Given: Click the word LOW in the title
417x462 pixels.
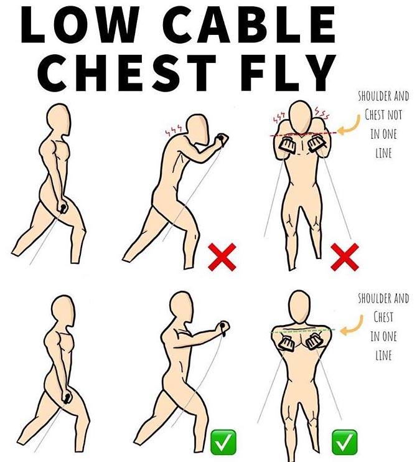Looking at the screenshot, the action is click(x=80, y=24).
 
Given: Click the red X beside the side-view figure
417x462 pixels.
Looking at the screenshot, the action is click(x=222, y=257).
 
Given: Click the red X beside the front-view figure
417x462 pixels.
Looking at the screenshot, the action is click(x=345, y=257).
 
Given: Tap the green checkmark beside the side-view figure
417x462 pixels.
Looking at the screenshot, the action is click(x=223, y=442).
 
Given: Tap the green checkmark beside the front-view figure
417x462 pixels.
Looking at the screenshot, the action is click(x=345, y=442).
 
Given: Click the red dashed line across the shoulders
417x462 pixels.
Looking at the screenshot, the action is click(x=303, y=134).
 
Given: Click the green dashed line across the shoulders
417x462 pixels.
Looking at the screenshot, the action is click(x=303, y=331).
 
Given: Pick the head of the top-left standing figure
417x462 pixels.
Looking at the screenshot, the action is click(x=59, y=120).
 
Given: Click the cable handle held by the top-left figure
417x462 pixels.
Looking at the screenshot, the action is click(x=63, y=208).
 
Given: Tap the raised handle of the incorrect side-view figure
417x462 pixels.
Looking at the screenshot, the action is click(x=222, y=139).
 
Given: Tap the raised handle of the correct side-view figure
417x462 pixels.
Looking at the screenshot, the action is click(x=224, y=327).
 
